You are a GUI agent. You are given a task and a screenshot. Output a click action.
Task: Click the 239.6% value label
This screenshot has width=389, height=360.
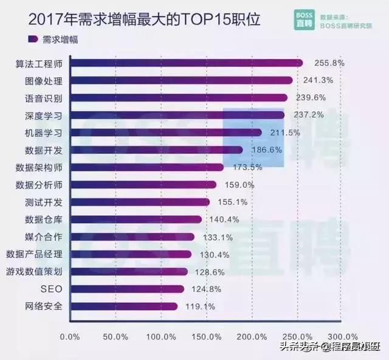click(311, 97)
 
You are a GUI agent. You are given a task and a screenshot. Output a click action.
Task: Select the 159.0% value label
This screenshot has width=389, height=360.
click(239, 184)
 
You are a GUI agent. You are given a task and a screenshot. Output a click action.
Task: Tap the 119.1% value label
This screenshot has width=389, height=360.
click(201, 306)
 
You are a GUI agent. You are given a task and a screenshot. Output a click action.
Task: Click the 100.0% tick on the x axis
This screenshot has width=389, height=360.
click(160, 336)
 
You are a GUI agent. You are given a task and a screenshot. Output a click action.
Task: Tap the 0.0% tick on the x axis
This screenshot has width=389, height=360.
click(71, 336)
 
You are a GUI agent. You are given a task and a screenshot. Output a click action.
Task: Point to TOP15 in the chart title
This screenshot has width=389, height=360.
click(208, 20)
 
